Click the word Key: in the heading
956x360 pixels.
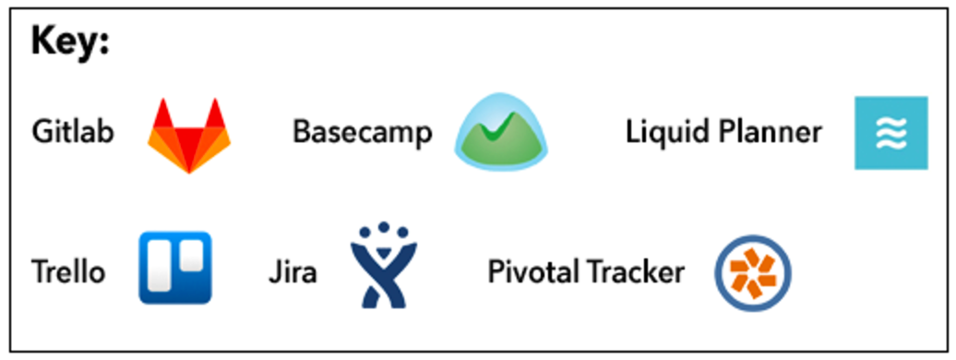pos(70,42)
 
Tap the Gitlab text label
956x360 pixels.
pos(73,132)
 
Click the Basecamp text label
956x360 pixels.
pos(362,132)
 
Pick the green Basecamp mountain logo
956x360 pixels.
pos(500,132)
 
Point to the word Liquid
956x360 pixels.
pos(665,132)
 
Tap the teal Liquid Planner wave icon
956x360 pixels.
pos(890,132)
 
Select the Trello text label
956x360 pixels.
pos(68,272)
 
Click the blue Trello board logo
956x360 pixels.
pos(175,268)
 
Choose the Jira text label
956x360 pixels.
pos(292,272)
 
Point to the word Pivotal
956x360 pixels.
pos(530,272)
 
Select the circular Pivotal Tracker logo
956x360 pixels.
pos(753,271)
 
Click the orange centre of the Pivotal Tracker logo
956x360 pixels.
pos(753,271)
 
